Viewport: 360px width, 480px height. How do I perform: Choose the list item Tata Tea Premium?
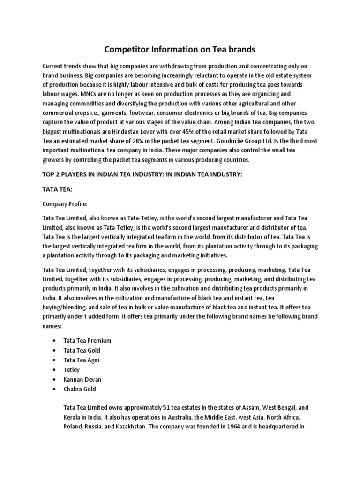tap(88, 340)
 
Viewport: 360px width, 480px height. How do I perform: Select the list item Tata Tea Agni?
tap(82, 360)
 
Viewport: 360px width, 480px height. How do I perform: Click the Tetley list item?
tap(72, 369)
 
